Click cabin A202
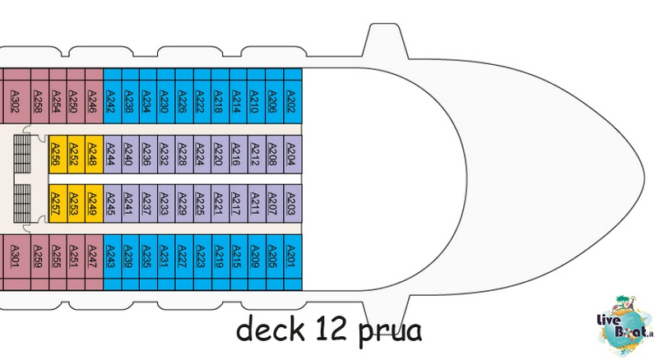(x=293, y=96)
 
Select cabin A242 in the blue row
(x=112, y=96)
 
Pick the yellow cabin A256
(x=58, y=154)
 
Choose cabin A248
(x=94, y=154)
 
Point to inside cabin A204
(x=293, y=154)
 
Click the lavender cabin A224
(x=202, y=154)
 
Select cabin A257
(x=58, y=204)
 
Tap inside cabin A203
(x=293, y=204)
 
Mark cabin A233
(x=166, y=204)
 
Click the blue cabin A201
(x=293, y=262)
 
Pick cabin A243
(x=112, y=262)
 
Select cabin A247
(x=94, y=262)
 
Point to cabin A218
(x=220, y=96)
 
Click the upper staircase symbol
(x=22, y=154)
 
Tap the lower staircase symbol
(x=22, y=204)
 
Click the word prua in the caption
(x=390, y=331)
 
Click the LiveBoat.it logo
(x=625, y=325)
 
